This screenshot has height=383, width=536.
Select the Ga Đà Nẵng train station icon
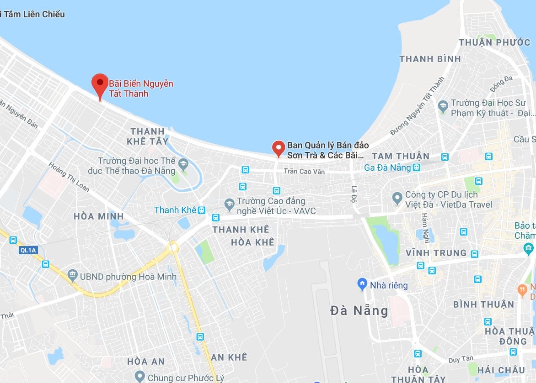[416, 168]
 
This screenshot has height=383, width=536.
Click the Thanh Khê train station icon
[201, 210]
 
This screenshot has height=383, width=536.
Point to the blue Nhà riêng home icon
[362, 284]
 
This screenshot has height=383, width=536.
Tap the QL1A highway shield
[27, 250]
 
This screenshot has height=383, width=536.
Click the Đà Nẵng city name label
[359, 311]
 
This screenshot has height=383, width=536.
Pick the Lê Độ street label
[354, 193]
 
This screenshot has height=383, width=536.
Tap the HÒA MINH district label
[99, 216]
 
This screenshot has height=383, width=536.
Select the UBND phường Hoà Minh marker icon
[72, 276]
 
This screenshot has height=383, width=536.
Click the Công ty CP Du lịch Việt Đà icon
[397, 198]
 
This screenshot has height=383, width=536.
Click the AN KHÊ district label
[229, 357]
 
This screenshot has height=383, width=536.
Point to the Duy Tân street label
[461, 360]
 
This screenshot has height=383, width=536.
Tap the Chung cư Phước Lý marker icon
[140, 377]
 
